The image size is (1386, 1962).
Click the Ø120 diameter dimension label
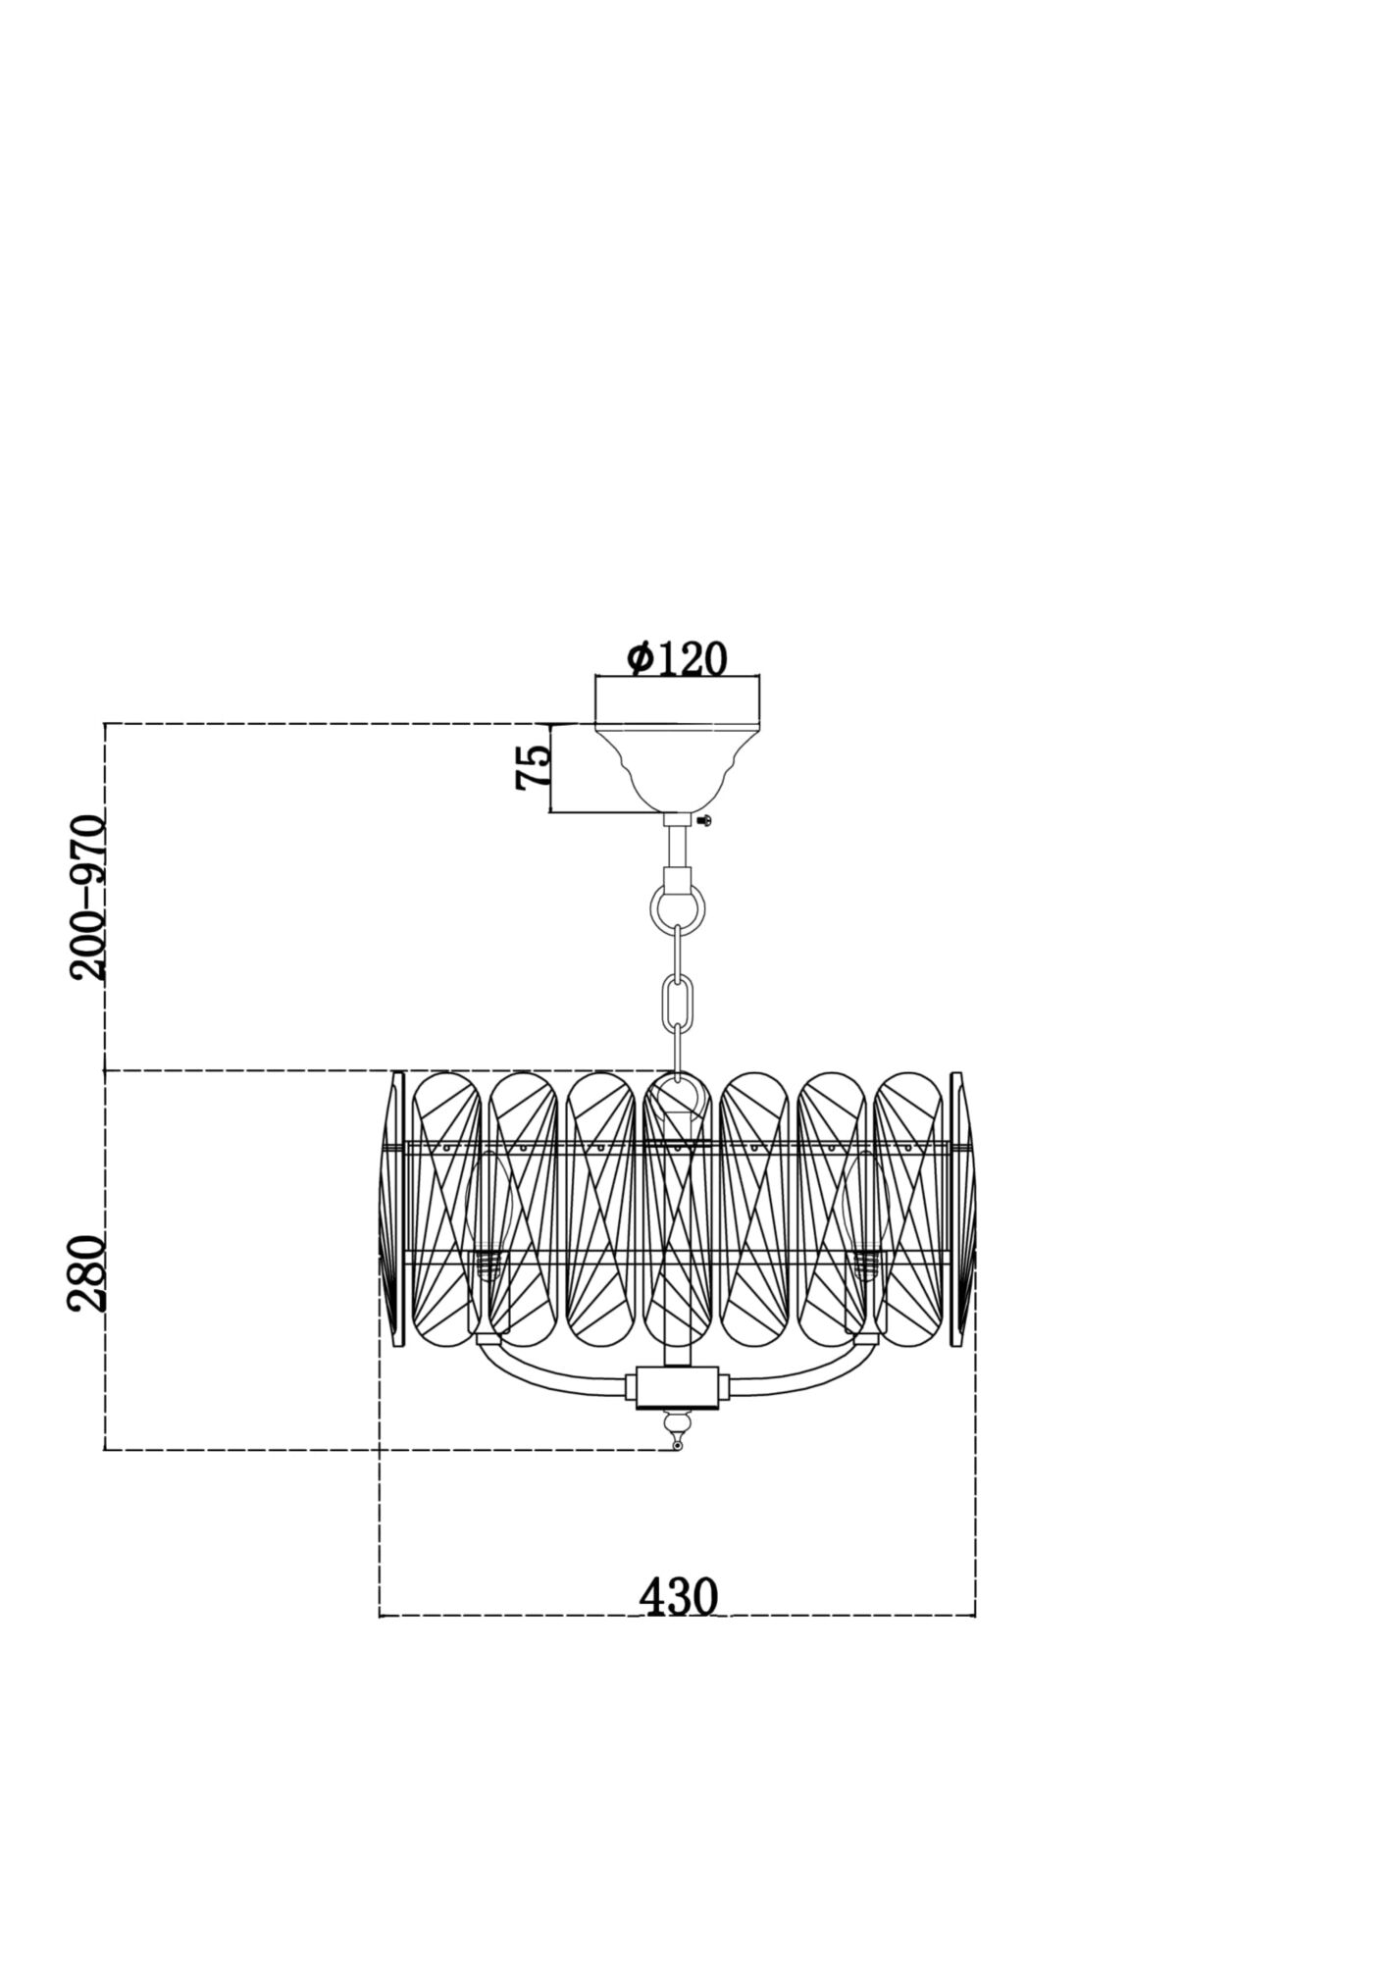pos(678,659)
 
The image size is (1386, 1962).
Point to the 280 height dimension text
pos(86,1273)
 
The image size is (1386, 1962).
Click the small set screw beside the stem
pos(703,818)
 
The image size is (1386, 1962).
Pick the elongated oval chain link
pos(678,999)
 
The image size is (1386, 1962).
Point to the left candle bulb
pos(488,1216)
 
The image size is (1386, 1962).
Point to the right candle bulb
pos(865,1216)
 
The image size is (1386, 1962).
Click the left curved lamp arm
pos(549,1368)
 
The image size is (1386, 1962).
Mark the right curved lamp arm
pos(804,1368)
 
